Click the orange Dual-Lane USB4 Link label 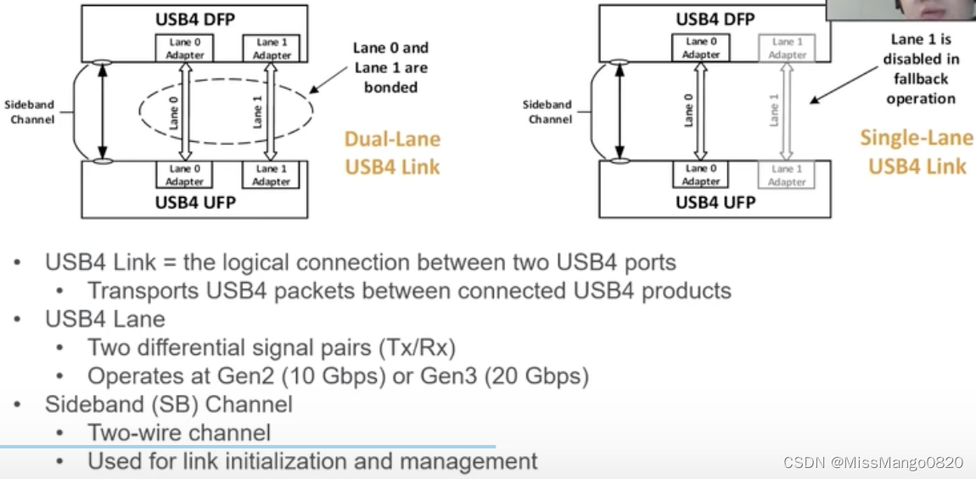point(392,152)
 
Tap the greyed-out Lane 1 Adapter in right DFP point(787,48)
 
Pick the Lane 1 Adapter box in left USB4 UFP point(271,175)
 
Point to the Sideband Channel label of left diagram point(30,111)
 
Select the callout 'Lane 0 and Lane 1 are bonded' point(390,68)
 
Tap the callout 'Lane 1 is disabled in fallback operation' point(920,69)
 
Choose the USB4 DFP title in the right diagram point(715,19)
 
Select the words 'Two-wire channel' point(179,432)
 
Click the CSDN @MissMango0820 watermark point(873,463)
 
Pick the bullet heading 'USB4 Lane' point(105,319)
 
